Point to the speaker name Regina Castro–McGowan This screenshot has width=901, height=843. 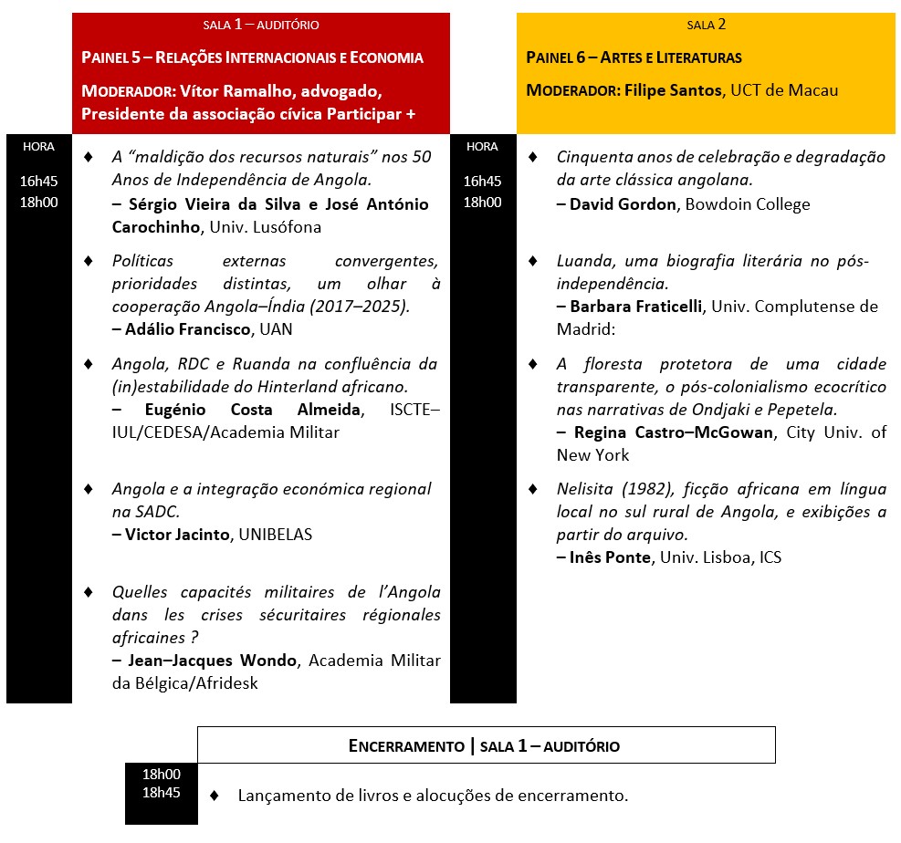[675, 432]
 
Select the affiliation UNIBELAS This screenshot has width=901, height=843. [275, 535]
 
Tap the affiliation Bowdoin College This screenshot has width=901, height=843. [748, 204]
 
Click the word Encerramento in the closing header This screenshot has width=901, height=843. [406, 746]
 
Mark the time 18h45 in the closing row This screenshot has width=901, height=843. [162, 792]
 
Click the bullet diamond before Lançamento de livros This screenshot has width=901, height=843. [215, 795]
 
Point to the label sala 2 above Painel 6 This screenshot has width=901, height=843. [707, 25]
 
